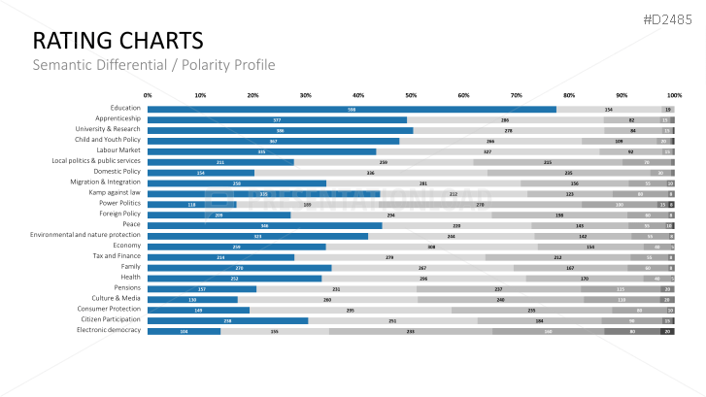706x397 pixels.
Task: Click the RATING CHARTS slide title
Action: pyautogui.click(x=118, y=40)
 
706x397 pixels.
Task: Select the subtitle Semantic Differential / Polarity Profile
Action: pyautogui.click(x=153, y=65)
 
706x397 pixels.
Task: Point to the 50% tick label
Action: pyautogui.click(x=411, y=95)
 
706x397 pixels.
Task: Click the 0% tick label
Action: pyautogui.click(x=148, y=95)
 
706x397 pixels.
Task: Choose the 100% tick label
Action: pyautogui.click(x=674, y=95)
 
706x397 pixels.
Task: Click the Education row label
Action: pyautogui.click(x=125, y=109)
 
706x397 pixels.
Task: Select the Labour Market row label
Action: pyautogui.click(x=118, y=150)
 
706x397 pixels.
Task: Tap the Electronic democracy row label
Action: pyautogui.click(x=109, y=330)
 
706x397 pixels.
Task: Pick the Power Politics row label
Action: pyautogui.click(x=119, y=204)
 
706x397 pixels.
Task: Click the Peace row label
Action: pyautogui.click(x=131, y=224)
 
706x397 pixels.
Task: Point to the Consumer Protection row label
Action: pyautogui.click(x=111, y=310)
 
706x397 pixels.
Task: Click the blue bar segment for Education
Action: pyautogui.click(x=352, y=109)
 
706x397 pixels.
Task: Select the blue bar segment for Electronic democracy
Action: pyautogui.click(x=184, y=331)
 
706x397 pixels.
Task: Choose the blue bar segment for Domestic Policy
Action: pyautogui.click(x=200, y=172)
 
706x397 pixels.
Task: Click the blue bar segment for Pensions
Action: pyautogui.click(x=202, y=288)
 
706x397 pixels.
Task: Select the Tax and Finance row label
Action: pyautogui.click(x=118, y=256)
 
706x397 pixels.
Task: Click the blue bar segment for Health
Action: pyautogui.click(x=234, y=278)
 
